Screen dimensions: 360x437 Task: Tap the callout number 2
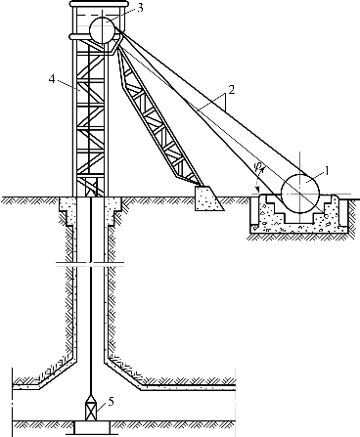(x=231, y=90)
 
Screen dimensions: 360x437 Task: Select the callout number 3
(x=140, y=8)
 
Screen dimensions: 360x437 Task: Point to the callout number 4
(x=52, y=79)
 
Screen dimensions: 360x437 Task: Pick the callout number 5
(x=112, y=402)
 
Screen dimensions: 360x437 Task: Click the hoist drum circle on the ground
(x=300, y=194)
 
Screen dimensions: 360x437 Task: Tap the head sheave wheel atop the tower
(x=102, y=30)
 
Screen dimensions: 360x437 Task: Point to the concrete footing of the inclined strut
(x=207, y=198)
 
